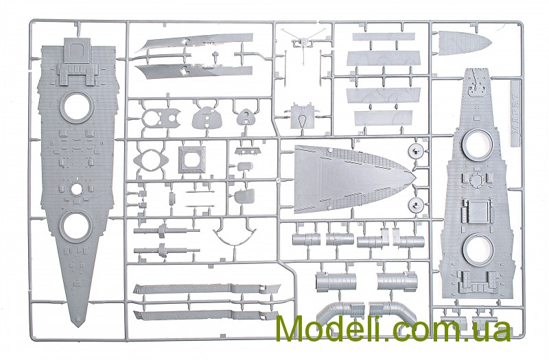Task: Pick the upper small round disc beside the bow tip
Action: pyautogui.click(x=414, y=152)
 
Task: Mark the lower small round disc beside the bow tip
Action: pyautogui.click(x=414, y=204)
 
